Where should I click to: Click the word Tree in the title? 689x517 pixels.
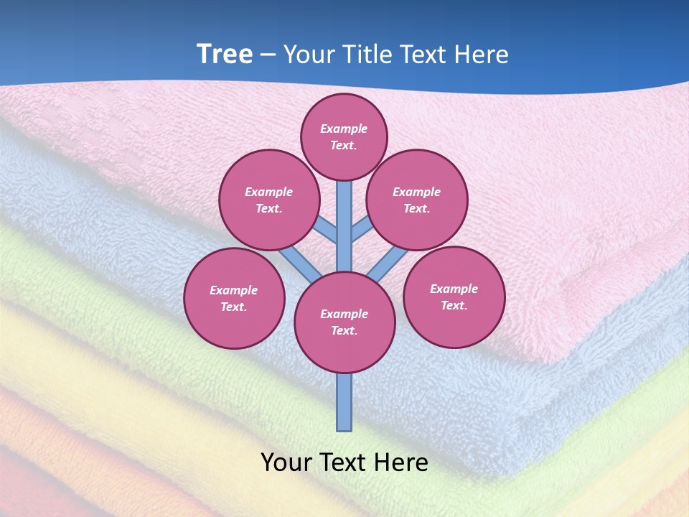(x=225, y=55)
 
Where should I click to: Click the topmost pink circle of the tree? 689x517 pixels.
(x=344, y=136)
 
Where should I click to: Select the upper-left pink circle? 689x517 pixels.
(x=269, y=200)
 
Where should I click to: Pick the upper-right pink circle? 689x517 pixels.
(x=417, y=200)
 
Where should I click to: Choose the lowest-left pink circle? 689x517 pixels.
(x=234, y=298)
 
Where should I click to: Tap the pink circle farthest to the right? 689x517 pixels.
(x=454, y=297)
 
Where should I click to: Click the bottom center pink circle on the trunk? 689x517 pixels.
(x=344, y=322)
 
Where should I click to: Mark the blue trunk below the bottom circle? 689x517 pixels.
(x=344, y=402)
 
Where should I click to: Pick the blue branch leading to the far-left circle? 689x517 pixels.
(x=300, y=264)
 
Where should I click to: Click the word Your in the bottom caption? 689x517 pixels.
(x=285, y=462)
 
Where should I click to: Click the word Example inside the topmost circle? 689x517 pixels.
(x=344, y=129)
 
